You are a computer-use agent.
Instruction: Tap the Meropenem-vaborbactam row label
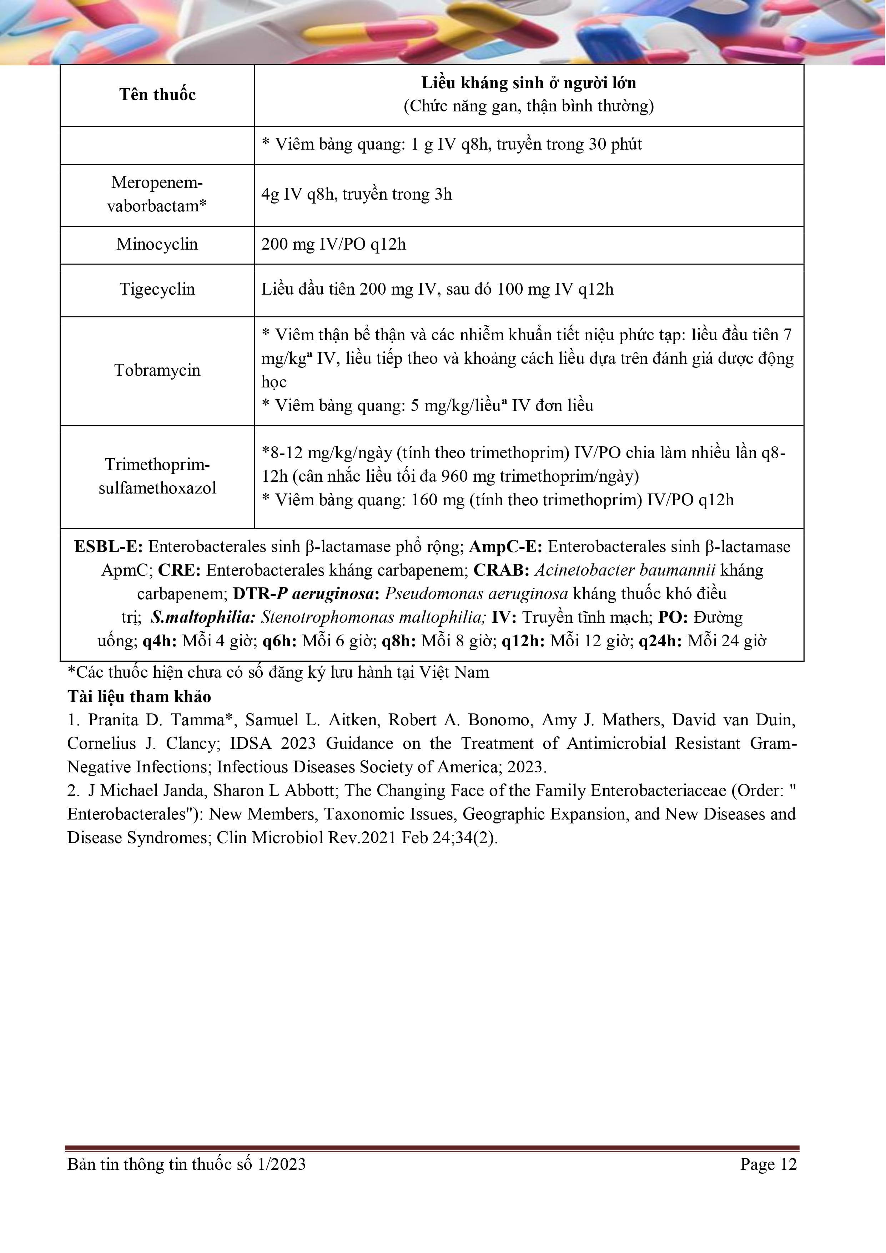[157, 194]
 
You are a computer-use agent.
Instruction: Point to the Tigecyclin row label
[157, 289]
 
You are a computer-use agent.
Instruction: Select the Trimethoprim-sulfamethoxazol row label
[157, 476]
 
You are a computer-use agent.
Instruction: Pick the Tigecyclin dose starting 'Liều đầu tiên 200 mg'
[437, 289]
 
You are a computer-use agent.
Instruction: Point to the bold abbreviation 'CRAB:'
[502, 570]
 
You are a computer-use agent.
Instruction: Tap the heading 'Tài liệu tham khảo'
[139, 697]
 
